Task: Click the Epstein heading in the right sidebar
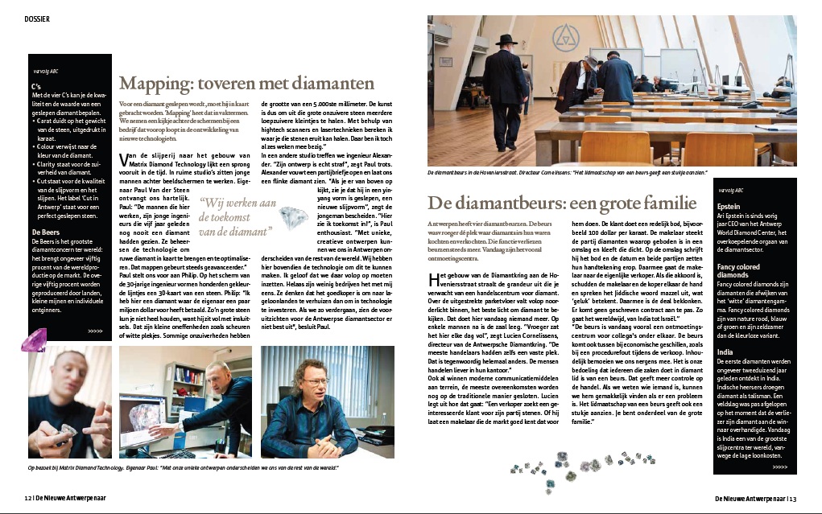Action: tap(730, 204)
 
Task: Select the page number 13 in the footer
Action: tap(792, 498)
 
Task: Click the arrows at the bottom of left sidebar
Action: tap(95, 331)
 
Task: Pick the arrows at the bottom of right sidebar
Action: tap(779, 466)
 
